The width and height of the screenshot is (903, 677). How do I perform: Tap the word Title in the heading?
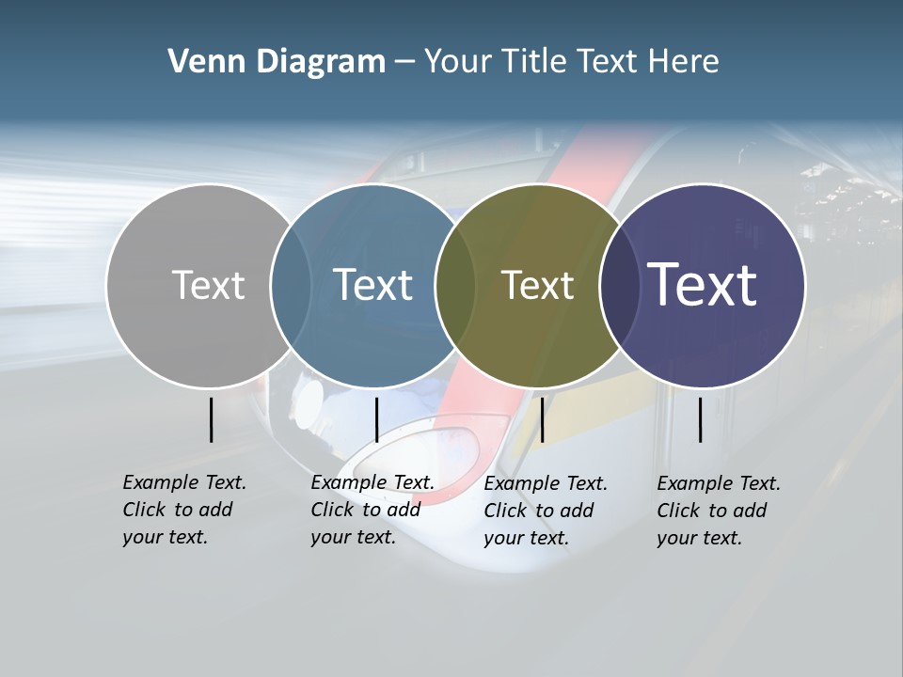click(x=532, y=62)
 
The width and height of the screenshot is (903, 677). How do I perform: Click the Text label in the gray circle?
click(x=208, y=285)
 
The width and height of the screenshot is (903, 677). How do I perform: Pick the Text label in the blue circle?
click(x=372, y=285)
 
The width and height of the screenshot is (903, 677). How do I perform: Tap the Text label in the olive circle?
click(x=537, y=286)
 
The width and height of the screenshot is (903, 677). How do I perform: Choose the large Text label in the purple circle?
click(x=702, y=285)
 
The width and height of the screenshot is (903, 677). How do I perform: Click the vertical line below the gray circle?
click(x=211, y=419)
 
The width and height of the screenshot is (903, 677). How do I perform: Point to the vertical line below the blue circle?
click(x=376, y=419)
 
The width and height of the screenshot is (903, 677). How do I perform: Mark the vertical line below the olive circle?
click(x=542, y=419)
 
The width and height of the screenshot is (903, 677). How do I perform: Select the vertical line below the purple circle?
click(x=701, y=419)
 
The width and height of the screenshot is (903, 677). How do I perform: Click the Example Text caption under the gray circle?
click(x=183, y=510)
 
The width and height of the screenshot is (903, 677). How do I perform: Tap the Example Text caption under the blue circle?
click(x=372, y=510)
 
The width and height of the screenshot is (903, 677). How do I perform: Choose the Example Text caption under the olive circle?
click(x=545, y=511)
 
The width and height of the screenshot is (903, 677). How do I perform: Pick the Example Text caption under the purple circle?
click(x=718, y=511)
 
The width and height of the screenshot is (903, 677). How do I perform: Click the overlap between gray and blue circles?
click(x=291, y=286)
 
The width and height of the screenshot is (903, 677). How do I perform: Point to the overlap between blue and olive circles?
click(x=455, y=286)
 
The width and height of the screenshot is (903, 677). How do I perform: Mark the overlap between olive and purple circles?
click(x=620, y=286)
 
